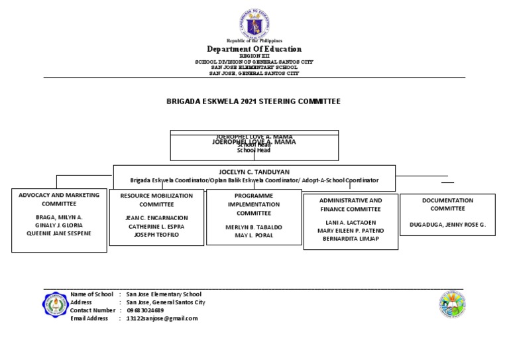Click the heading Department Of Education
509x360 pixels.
click(x=254, y=49)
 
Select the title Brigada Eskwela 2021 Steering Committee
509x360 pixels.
click(x=253, y=101)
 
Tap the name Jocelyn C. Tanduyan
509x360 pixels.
click(x=254, y=171)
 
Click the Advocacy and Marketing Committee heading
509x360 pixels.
click(x=59, y=200)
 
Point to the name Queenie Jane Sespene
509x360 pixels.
click(x=59, y=233)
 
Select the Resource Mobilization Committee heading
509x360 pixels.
click(x=156, y=200)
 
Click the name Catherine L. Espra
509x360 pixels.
click(x=156, y=226)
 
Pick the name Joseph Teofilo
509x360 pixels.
click(x=156, y=235)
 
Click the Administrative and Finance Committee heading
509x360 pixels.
click(x=351, y=204)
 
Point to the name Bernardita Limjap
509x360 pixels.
click(x=351, y=239)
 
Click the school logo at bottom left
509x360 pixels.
click(x=55, y=306)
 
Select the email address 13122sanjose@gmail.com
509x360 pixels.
click(x=162, y=318)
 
